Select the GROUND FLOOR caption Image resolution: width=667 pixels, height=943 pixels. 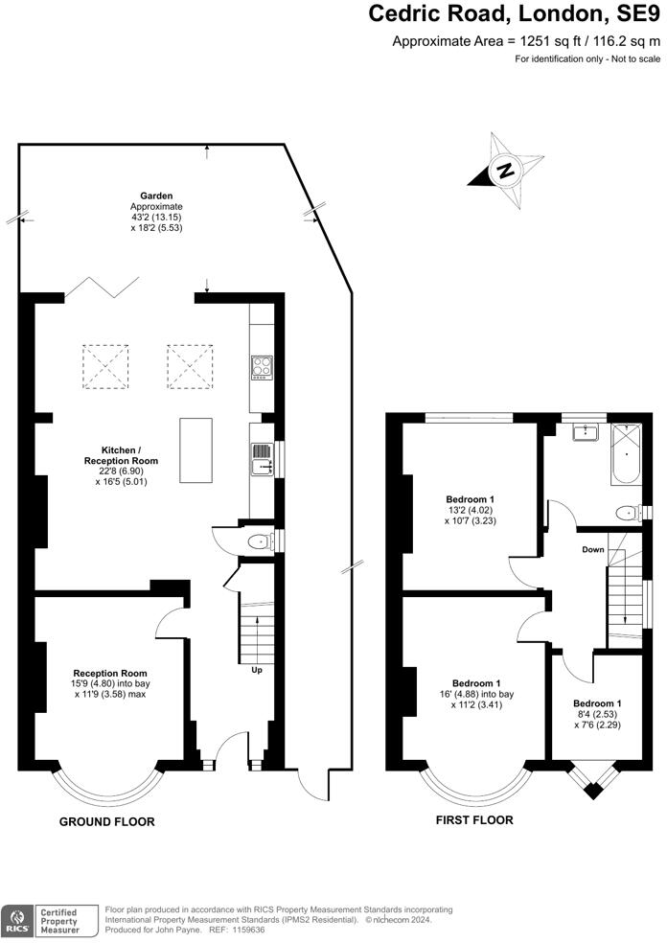tap(106, 822)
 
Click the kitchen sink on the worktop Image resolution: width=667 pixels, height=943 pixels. tap(261, 458)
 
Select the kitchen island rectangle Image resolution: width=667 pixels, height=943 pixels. tap(196, 451)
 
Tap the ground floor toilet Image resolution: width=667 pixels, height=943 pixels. tap(258, 541)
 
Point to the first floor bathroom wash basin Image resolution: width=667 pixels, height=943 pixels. tap(582, 433)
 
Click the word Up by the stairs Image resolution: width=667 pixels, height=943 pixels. tap(256, 670)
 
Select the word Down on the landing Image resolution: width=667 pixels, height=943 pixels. tap(593, 550)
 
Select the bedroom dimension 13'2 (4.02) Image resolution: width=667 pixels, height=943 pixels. tap(471, 511)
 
